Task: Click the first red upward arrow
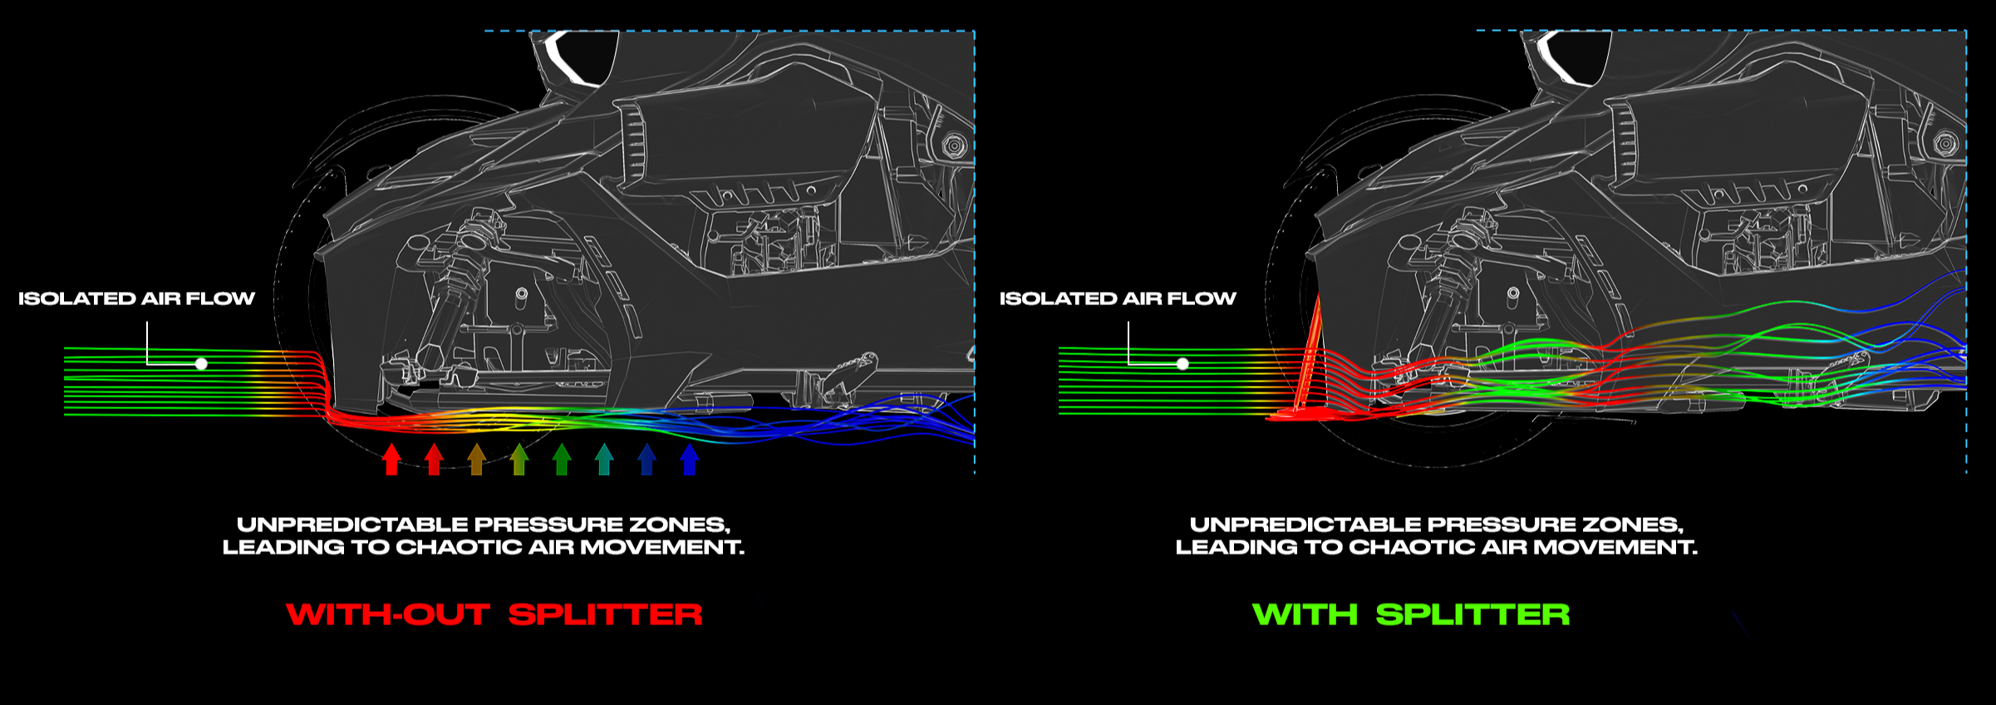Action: tap(391, 459)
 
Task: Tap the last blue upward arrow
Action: tap(689, 459)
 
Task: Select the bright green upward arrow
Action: tap(562, 459)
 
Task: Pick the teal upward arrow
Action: tap(604, 459)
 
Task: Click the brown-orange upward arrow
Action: tap(476, 459)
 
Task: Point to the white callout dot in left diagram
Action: tap(201, 363)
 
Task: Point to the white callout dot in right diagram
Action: tap(1182, 363)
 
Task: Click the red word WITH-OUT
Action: tap(388, 614)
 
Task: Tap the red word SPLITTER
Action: tap(605, 614)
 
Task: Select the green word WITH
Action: tap(1305, 614)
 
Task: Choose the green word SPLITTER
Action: tap(1472, 614)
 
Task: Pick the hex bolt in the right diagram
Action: tap(1945, 144)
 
